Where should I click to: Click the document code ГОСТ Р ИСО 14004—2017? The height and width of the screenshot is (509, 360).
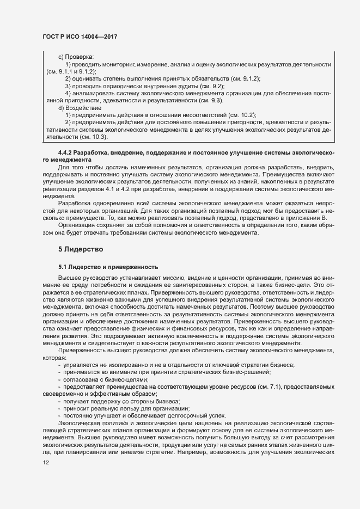(80, 36)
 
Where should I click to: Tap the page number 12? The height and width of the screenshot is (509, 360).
(46, 462)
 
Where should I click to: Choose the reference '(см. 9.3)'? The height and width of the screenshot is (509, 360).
(208, 101)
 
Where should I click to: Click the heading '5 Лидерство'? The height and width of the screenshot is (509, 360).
(81, 248)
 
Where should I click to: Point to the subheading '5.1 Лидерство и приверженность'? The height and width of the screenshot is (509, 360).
(108, 267)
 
